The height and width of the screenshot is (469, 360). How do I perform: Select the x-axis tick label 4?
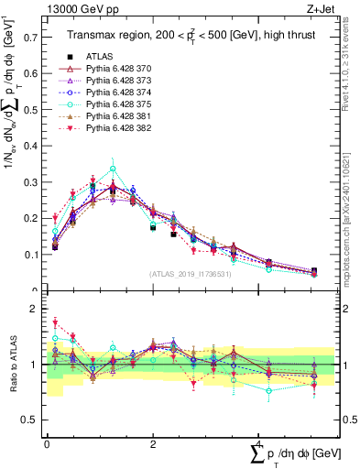coord(259,445)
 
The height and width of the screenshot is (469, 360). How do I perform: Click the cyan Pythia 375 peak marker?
coord(113,169)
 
